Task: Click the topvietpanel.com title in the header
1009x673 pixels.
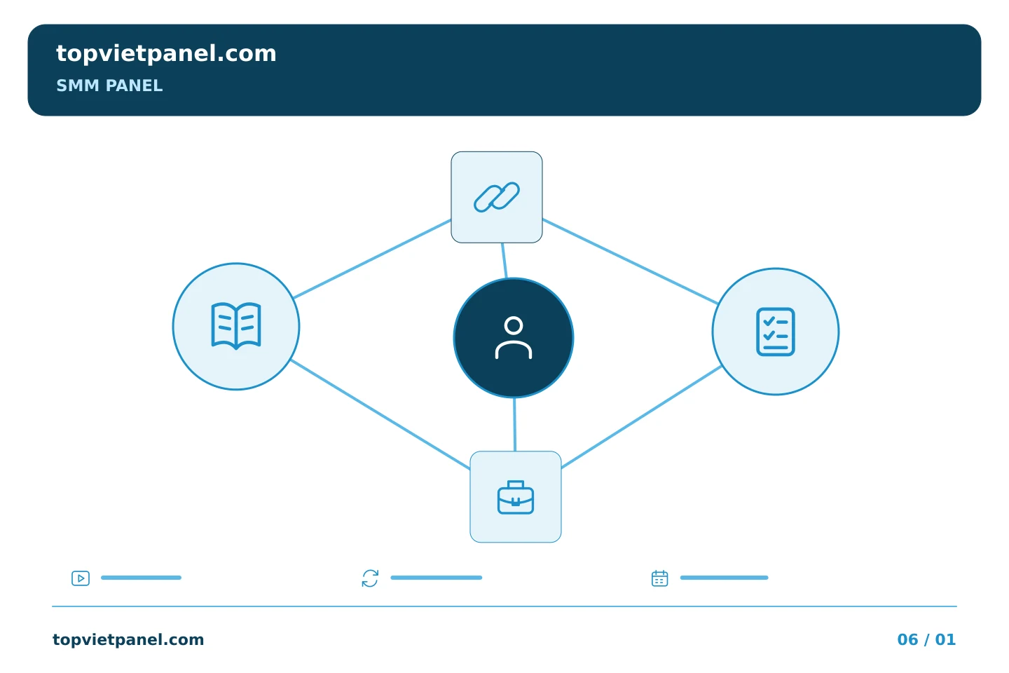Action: point(166,54)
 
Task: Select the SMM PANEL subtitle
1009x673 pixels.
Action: point(109,86)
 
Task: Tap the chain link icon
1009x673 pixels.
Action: point(496,197)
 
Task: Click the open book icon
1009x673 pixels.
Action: point(236,326)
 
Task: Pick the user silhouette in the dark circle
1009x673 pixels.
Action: point(514,338)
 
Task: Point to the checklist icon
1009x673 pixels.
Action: point(775,332)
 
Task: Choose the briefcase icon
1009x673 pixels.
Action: point(515,497)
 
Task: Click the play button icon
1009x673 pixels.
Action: point(81,578)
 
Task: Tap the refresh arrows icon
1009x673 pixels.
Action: point(370,578)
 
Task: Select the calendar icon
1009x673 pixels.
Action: point(659,578)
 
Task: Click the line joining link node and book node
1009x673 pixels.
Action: point(372,259)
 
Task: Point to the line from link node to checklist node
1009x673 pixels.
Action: point(630,261)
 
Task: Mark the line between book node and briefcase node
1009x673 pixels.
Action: point(380,414)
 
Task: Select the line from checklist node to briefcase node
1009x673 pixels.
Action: point(641,417)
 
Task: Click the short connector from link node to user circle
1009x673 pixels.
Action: point(504,261)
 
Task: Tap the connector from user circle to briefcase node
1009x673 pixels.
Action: point(515,424)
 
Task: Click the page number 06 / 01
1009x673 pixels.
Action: point(926,639)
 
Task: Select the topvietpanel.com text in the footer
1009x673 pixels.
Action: point(128,639)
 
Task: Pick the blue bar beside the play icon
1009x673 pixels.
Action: point(141,578)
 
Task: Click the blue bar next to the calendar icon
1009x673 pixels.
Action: point(724,578)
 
